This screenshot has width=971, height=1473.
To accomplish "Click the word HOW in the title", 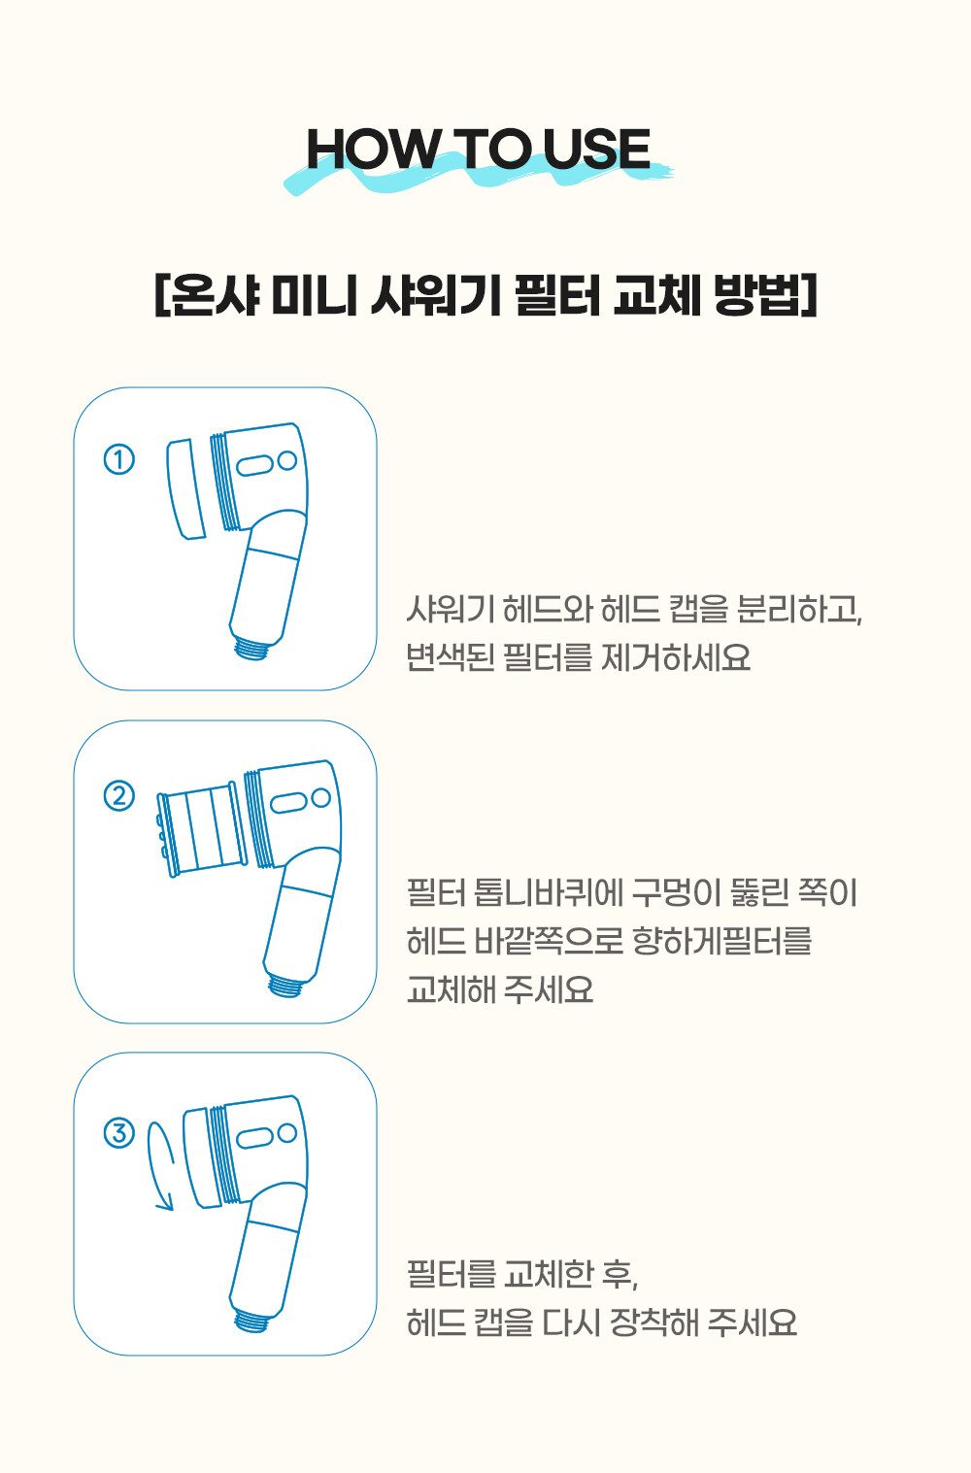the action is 373,149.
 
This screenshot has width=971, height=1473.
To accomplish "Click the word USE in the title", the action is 597,149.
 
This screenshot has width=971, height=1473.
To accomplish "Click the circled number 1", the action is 119,459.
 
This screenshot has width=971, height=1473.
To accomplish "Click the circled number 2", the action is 119,795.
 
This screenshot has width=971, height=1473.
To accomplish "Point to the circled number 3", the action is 119,1133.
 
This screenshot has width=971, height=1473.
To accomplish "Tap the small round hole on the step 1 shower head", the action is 287,460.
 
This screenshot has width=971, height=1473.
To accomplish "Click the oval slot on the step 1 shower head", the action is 254,465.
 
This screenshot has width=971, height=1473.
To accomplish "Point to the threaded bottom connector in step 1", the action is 252,647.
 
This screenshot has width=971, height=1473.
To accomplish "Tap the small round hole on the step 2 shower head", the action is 320,797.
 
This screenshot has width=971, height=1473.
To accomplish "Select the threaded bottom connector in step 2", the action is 286,985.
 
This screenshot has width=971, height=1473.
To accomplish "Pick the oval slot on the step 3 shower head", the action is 254,1138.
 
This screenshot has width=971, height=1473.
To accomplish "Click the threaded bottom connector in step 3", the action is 252,1321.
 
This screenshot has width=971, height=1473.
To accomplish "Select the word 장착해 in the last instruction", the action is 653,1322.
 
